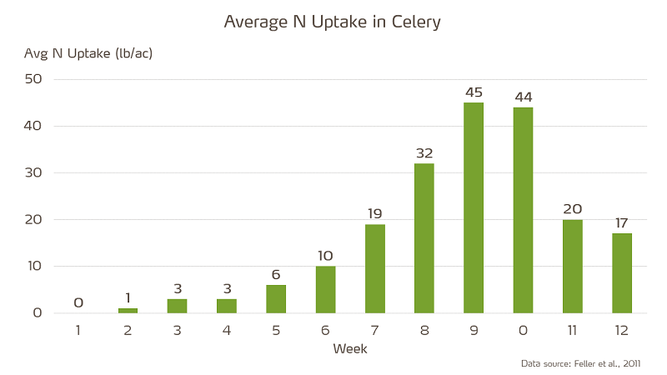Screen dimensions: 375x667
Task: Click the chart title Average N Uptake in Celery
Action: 333,22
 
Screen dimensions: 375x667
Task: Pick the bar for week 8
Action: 424,238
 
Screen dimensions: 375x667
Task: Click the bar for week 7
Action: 374,268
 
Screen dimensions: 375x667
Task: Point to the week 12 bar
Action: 622,273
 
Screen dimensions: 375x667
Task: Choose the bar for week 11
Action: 572,267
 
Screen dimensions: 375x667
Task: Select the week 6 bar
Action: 325,289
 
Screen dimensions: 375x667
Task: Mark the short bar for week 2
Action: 128,311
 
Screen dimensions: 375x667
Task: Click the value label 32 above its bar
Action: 424,153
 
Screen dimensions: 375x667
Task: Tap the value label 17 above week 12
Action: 622,223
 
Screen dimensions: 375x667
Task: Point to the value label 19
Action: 374,214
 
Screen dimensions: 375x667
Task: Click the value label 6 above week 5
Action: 276,275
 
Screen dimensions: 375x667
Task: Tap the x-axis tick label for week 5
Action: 276,330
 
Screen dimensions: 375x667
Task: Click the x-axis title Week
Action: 350,348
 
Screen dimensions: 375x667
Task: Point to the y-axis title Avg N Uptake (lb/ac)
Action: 88,53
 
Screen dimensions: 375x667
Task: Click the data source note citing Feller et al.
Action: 580,363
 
